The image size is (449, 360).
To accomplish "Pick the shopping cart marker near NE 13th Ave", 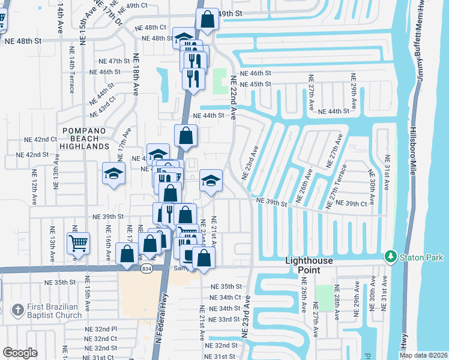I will tap(78, 244).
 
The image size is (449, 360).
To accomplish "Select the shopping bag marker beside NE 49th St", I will tap(207, 19).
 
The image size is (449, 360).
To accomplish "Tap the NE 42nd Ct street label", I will tap(41, 139).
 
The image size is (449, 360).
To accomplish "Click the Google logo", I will tap(20, 353).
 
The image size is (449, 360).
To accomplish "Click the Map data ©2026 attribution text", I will tap(423, 355).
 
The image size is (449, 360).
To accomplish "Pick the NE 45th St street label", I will tap(256, 84).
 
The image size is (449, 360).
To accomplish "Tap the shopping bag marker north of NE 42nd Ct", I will tap(186, 136).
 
